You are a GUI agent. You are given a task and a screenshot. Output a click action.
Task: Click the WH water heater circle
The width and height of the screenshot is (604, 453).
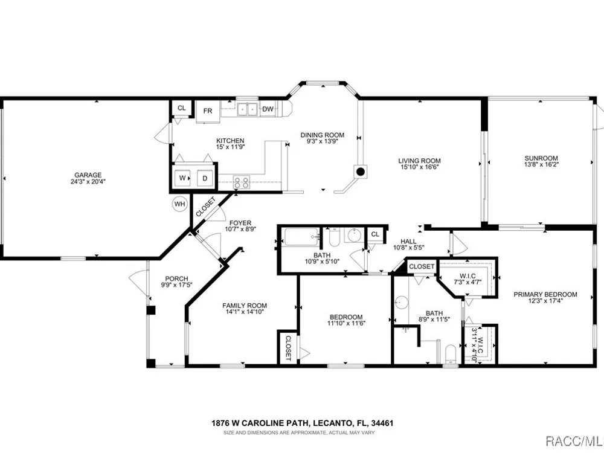pos(179,204)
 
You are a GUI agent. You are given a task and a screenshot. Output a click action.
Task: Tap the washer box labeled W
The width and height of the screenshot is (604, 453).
pos(183,178)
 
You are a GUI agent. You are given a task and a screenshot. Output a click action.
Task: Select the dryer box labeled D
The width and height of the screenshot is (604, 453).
pos(205,178)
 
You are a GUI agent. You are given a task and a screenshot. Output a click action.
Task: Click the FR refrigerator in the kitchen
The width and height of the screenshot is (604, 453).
pos(208,111)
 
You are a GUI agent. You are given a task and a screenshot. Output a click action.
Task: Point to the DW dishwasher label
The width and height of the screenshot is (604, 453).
pos(268,109)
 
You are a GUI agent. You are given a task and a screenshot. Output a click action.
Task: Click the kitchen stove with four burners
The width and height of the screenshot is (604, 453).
pos(242,182)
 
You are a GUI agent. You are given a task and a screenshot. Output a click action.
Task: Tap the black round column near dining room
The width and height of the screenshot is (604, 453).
pos(361,172)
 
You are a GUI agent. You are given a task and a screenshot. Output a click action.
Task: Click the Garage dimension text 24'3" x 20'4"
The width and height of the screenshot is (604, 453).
pos(88,181)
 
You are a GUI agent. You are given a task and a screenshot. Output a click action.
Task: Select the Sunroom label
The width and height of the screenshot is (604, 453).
pos(541,158)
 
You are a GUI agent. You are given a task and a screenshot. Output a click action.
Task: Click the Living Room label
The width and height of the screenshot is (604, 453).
pos(420,161)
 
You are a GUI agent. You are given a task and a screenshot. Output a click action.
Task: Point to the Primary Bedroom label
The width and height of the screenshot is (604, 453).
pos(545,294)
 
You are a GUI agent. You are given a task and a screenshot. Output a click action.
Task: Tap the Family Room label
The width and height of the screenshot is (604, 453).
pos(245,306)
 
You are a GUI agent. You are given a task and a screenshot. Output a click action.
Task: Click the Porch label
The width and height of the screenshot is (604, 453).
pos(176,278)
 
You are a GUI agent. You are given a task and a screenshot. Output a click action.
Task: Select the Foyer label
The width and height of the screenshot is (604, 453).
pos(240,223)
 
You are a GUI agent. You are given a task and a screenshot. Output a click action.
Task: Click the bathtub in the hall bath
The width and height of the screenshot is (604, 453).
pos(301,237)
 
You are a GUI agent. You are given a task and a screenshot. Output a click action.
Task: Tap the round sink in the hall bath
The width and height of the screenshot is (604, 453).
pos(353,236)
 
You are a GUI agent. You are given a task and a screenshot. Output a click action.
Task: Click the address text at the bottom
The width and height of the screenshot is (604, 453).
pos(303,423)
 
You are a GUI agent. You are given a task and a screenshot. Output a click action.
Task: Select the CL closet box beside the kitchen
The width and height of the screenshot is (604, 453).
pos(181,108)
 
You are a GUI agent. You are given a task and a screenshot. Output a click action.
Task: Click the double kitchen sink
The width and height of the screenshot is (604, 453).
pos(247,109)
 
